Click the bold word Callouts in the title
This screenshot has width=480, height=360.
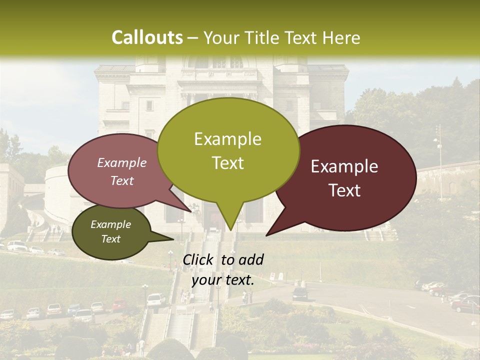147,37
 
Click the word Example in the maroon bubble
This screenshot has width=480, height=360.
344,166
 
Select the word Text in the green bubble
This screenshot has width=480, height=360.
228,163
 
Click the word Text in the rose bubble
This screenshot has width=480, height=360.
122,181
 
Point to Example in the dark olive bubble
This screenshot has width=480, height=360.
111,224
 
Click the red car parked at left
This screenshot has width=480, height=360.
119,305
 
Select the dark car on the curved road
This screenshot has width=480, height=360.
300,293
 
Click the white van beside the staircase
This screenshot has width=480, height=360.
155,299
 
